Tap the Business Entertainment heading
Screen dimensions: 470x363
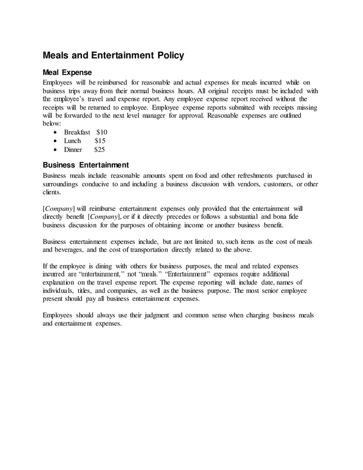[86, 165]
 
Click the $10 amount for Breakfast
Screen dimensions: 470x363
[101, 133]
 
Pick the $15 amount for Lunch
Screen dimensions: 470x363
[100, 141]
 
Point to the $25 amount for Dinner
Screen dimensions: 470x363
[100, 149]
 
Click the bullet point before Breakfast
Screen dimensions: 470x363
[56, 133]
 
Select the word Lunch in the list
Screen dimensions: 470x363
[73, 141]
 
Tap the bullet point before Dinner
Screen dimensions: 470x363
[56, 149]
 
